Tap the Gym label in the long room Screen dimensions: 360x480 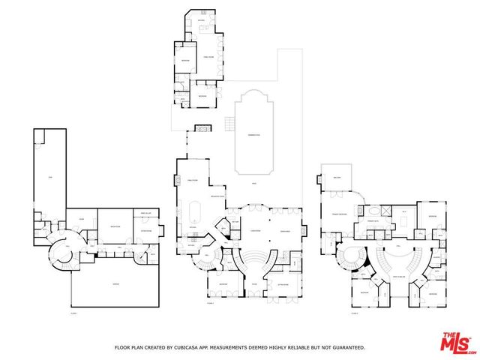50,177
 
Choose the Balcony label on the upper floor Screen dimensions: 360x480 337,177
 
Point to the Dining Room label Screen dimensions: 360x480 285,231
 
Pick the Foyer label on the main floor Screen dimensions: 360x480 254,285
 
